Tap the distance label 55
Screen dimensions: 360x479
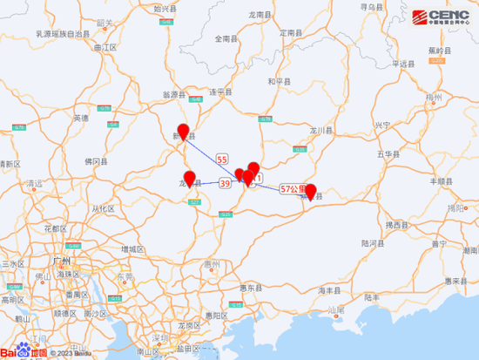click(x=222, y=159)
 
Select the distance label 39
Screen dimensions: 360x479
click(x=225, y=184)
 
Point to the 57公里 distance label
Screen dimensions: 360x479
click(x=293, y=188)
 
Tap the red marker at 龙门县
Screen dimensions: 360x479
click(x=189, y=178)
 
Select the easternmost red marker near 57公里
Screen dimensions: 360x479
click(x=310, y=190)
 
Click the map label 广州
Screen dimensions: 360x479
click(x=61, y=261)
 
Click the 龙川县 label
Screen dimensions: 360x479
click(x=323, y=130)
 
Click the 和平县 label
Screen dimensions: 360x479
click(x=278, y=80)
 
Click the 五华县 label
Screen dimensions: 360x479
click(x=388, y=153)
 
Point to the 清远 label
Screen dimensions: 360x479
click(x=36, y=184)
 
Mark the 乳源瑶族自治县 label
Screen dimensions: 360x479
click(x=63, y=33)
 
